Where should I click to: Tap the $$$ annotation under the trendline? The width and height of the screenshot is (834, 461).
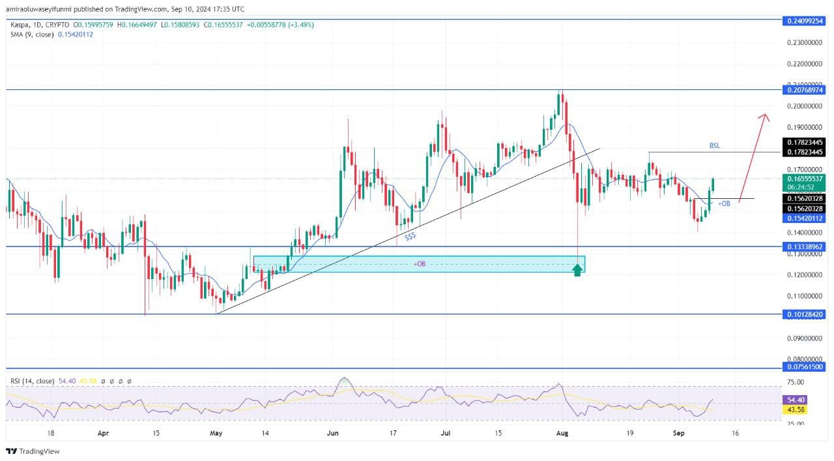(x=410, y=237)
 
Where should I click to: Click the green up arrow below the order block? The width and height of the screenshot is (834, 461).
(x=577, y=269)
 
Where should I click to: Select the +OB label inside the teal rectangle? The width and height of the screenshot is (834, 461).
(x=419, y=263)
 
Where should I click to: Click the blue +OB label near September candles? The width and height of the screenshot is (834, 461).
(x=724, y=203)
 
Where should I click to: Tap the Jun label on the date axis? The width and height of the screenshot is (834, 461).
(x=332, y=432)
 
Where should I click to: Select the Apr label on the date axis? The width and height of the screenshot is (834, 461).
(x=102, y=432)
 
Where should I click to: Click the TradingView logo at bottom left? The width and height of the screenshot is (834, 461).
(x=33, y=451)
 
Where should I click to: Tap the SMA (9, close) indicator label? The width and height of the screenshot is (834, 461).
(x=51, y=34)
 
